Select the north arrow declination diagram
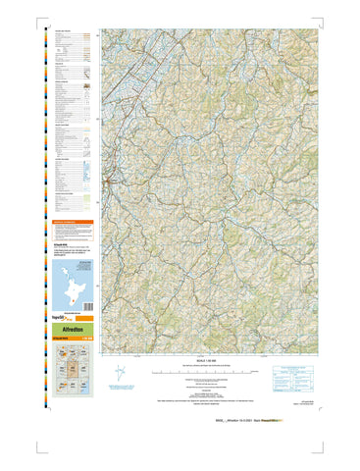(117, 374)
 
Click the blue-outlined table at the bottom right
(288, 376)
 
